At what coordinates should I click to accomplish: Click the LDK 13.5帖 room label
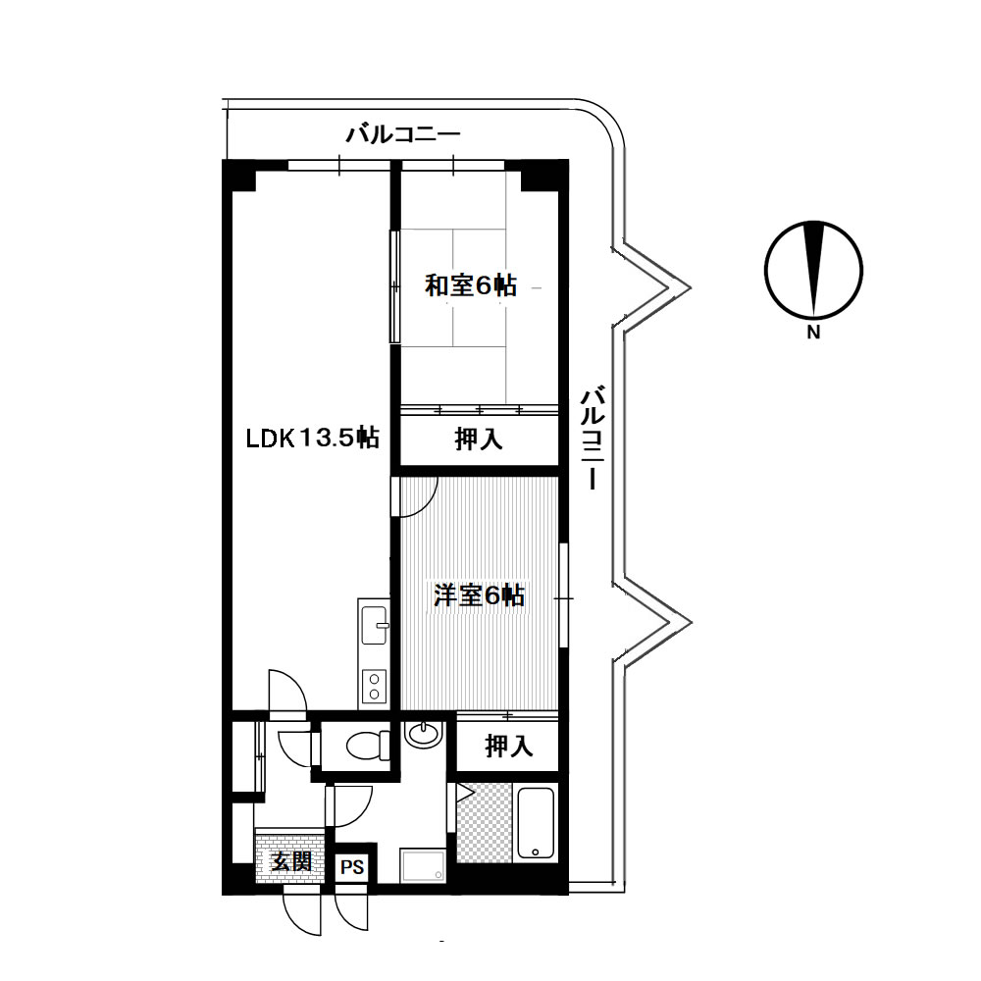[312, 438]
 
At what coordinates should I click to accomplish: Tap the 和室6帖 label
[471, 285]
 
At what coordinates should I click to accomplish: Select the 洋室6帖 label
[480, 595]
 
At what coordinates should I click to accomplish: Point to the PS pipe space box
[352, 867]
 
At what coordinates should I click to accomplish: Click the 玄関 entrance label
[291, 861]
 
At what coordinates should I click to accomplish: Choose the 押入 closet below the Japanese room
[479, 439]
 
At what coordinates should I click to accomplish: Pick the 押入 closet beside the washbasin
[508, 747]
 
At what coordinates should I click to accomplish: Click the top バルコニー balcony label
[403, 133]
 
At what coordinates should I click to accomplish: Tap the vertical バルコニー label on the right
[593, 438]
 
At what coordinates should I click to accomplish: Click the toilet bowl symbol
[368, 746]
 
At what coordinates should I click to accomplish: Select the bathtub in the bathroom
[536, 823]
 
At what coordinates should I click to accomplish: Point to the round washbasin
[424, 733]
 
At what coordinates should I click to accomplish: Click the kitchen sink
[374, 625]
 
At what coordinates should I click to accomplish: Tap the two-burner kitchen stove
[374, 687]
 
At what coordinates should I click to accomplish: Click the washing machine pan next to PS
[423, 865]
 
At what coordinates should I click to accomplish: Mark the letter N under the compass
[813, 333]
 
